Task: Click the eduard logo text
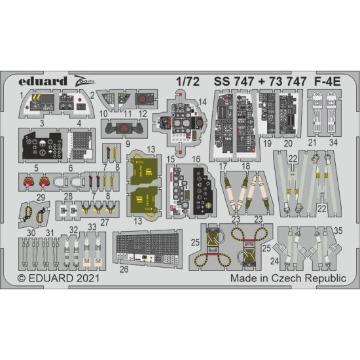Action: pyautogui.click(x=43, y=82)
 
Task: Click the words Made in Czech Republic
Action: pyautogui.click(x=287, y=278)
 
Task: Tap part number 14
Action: pyautogui.click(x=202, y=102)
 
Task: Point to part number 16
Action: pyautogui.click(x=196, y=159)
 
